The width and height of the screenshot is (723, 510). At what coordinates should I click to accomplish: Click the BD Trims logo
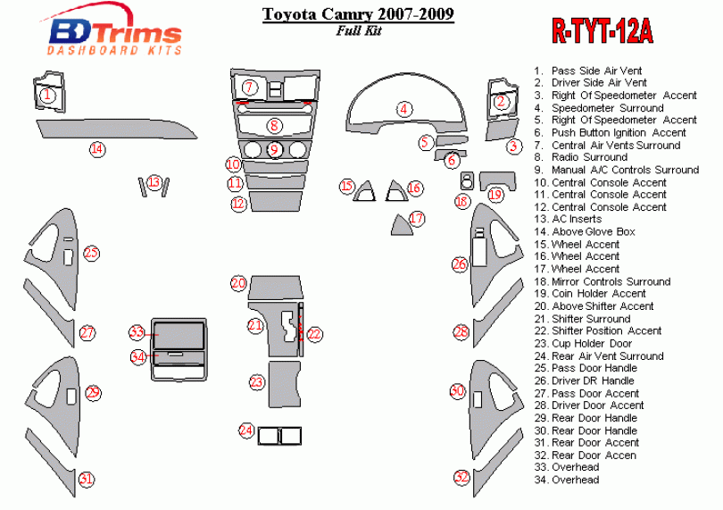(113, 34)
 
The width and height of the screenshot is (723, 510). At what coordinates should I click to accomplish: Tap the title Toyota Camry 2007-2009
(357, 14)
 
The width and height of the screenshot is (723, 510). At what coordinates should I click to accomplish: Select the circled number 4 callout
(404, 109)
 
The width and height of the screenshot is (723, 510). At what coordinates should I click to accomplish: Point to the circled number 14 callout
(96, 149)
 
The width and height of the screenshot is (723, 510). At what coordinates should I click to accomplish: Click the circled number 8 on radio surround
(275, 126)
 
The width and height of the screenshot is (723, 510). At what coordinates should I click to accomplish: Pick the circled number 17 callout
(416, 218)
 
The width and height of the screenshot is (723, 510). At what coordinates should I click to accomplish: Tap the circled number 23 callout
(257, 382)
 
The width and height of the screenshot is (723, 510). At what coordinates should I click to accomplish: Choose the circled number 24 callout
(246, 431)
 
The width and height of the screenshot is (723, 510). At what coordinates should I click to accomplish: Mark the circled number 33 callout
(137, 332)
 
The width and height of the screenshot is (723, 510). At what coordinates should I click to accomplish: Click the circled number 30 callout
(457, 391)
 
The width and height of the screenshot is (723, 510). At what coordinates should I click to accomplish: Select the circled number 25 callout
(91, 253)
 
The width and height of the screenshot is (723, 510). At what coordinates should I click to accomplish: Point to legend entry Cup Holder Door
(591, 343)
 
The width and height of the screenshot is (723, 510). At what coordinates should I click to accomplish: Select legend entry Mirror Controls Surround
(611, 281)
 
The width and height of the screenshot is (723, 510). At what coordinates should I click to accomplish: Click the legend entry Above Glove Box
(593, 232)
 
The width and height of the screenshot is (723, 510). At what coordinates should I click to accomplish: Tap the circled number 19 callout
(495, 195)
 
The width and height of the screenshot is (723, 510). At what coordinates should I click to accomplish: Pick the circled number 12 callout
(237, 204)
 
